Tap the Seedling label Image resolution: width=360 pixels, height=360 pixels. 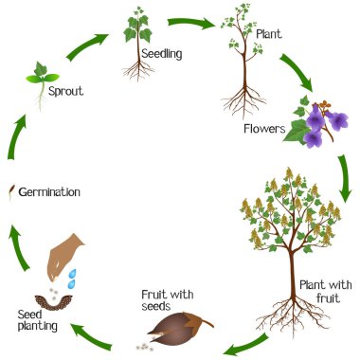pyautogui.click(x=162, y=55)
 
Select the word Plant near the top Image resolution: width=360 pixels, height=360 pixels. pyautogui.click(x=269, y=35)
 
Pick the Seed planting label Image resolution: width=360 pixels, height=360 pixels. pyautogui.click(x=37, y=320)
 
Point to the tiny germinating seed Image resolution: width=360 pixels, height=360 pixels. pyautogui.click(x=10, y=192)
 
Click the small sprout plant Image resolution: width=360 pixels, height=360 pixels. pyautogui.click(x=41, y=75)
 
